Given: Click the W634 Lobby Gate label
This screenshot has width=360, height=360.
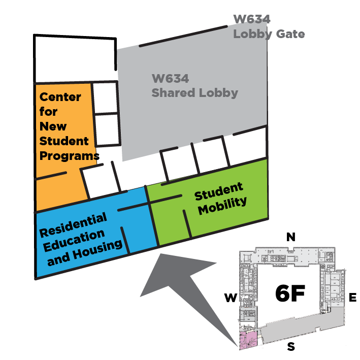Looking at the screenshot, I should [269, 27].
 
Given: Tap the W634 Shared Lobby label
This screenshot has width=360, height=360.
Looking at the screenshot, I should [194, 86].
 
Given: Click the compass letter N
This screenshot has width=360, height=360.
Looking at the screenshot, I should [291, 237].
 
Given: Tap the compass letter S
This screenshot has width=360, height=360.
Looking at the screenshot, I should [291, 348].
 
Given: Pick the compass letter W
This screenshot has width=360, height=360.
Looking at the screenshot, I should [231, 298].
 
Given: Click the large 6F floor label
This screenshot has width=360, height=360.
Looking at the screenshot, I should [289, 293].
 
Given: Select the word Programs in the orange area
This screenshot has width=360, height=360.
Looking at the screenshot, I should [69, 155].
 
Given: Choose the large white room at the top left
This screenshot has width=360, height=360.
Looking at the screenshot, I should [74, 60].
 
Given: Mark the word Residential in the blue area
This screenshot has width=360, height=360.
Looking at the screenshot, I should [74, 225].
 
